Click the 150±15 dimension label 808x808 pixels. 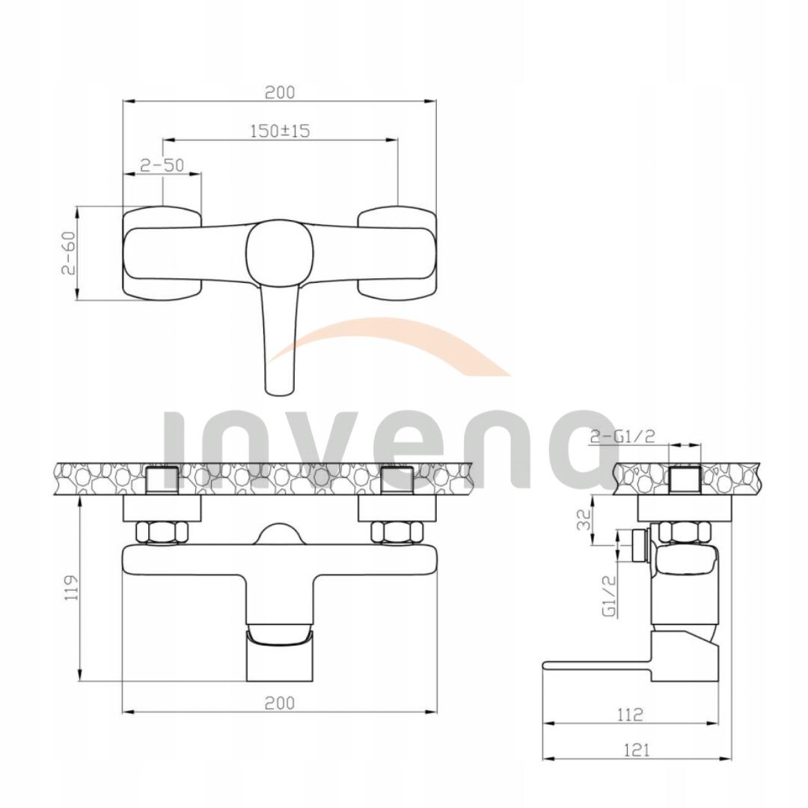[x=279, y=130]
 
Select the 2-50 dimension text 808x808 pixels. [x=162, y=165]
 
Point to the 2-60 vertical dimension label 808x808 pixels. [x=68, y=253]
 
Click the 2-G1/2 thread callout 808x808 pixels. [x=622, y=437]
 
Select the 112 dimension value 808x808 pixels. [x=630, y=714]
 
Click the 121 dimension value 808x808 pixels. [x=636, y=750]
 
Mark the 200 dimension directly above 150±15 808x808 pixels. [x=280, y=92]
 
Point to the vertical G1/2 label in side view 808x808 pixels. [x=609, y=594]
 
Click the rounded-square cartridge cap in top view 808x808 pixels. [x=278, y=252]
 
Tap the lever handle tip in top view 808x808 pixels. [x=278, y=382]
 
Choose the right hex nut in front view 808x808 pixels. [x=397, y=532]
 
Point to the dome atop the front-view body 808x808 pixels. [x=279, y=534]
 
